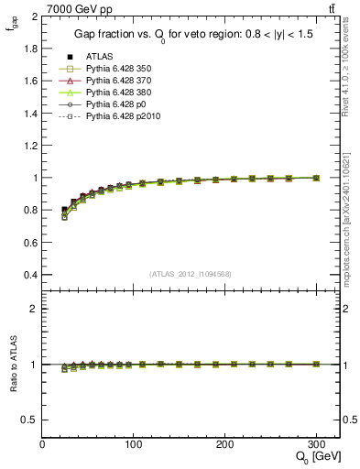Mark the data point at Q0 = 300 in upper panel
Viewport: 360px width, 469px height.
click(316, 178)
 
